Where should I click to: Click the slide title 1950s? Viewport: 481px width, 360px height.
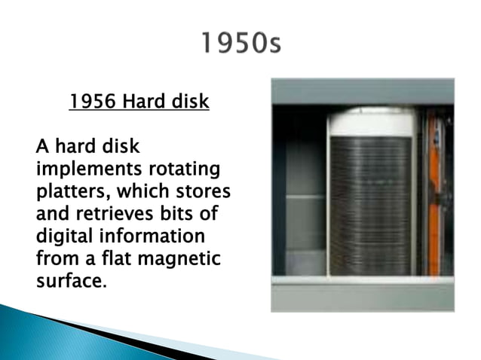[240, 45]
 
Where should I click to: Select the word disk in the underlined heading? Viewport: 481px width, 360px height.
[187, 100]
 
